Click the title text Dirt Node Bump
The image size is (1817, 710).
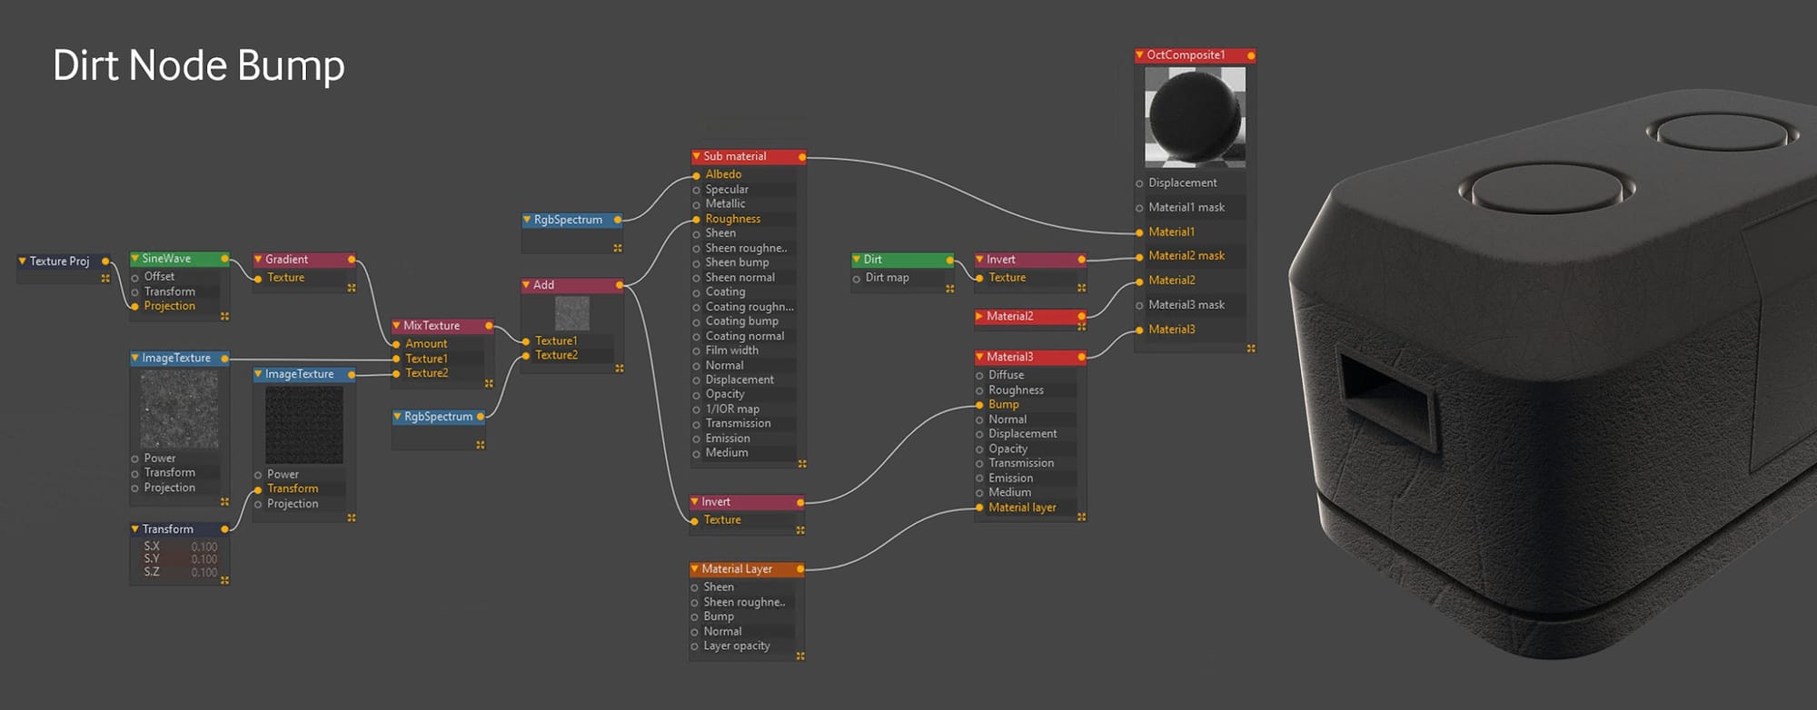[x=198, y=65]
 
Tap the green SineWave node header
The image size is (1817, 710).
[x=180, y=259]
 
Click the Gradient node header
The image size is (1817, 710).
[x=304, y=260]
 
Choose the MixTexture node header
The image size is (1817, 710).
[x=442, y=325]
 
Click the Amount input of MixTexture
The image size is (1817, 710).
[x=426, y=344]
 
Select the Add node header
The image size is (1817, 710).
[x=572, y=285]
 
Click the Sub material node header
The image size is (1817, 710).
[x=749, y=156]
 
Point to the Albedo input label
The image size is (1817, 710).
[x=723, y=174]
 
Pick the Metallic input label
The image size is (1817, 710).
[x=725, y=203]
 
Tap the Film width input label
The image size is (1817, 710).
[x=731, y=350]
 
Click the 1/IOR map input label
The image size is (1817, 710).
[x=732, y=409]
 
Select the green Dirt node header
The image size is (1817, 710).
[x=903, y=260]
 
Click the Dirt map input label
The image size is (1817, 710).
[x=887, y=278]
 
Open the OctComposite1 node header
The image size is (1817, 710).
[x=1195, y=55]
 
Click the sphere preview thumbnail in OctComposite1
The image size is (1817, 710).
[x=1195, y=117]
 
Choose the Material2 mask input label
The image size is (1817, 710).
[x=1187, y=256]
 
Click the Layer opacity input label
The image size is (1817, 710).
[x=737, y=646]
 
